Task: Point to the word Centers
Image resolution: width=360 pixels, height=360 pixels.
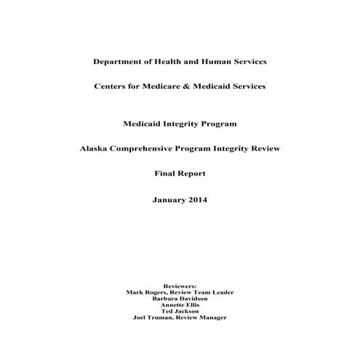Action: click(113, 87)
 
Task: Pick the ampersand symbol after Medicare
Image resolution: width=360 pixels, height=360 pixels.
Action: click(196, 87)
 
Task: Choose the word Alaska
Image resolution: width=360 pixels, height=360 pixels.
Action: click(96, 148)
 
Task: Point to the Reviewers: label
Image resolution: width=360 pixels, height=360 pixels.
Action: click(180, 286)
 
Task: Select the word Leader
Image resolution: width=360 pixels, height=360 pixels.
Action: click(219, 292)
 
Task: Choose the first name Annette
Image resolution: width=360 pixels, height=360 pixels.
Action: click(172, 304)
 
